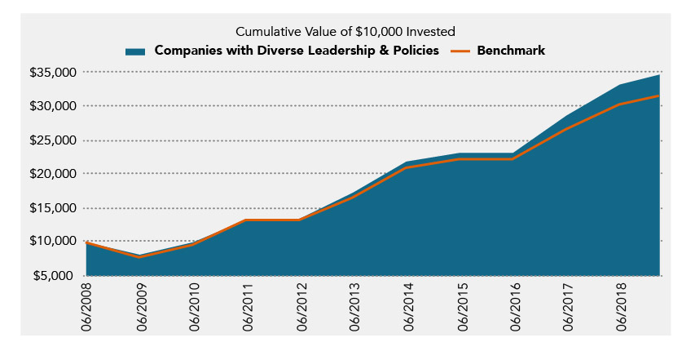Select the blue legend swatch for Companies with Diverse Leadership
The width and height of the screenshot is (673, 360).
click(135, 51)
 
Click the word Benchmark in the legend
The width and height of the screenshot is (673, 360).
click(511, 51)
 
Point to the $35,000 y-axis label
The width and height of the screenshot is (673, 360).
click(54, 73)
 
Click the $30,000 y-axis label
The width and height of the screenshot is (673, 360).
click(54, 106)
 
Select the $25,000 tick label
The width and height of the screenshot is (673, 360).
click(54, 140)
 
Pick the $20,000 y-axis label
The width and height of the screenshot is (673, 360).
click(54, 174)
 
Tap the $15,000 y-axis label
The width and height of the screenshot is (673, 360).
click(54, 208)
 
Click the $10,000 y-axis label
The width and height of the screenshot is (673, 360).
click(54, 242)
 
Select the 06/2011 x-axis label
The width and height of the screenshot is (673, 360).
click(247, 306)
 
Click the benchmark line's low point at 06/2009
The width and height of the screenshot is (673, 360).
click(140, 257)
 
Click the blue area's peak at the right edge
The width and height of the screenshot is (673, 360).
click(658, 75)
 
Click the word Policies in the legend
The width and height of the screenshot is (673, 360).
click(415, 51)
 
